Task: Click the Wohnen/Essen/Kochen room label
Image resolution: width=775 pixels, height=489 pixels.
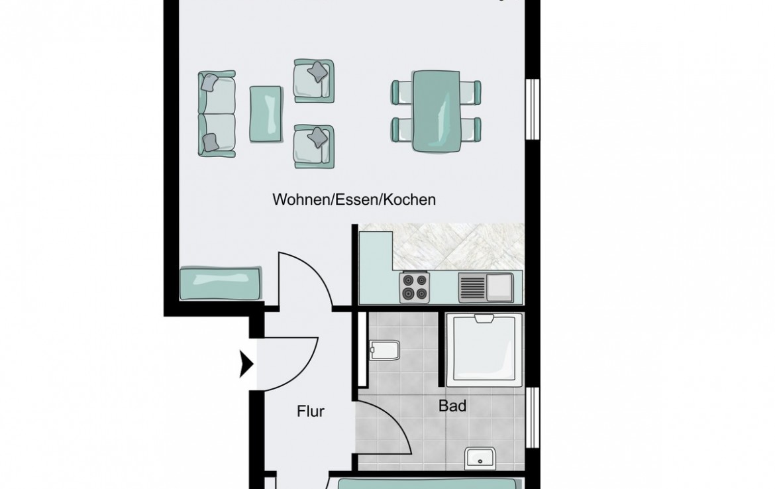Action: pos(354,199)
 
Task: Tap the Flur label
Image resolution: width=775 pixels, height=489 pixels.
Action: pos(311,411)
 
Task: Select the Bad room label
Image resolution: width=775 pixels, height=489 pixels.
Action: pos(452,406)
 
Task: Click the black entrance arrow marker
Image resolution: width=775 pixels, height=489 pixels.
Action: pos(246,364)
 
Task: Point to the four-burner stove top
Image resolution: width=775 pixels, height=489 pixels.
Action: pos(414,287)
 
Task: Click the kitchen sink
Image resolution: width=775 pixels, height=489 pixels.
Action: pos(486,288)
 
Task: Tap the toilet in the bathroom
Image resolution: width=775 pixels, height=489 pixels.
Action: pos(384,350)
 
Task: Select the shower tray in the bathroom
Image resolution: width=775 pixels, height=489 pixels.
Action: pos(484,349)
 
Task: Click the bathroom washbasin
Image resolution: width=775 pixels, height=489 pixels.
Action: pos(480,459)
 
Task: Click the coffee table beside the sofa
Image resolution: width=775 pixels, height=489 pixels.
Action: pos(266,114)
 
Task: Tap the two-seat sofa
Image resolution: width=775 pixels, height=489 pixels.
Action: pos(217,114)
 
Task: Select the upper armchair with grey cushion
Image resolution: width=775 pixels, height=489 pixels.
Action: pos(314,81)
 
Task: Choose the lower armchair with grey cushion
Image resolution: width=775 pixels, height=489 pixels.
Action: pos(314,146)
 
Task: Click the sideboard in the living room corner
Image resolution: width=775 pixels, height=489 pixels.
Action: pos(221,284)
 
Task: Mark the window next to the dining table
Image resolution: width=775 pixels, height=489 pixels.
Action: pos(533,109)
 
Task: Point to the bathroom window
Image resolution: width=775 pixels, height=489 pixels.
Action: pos(533,418)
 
